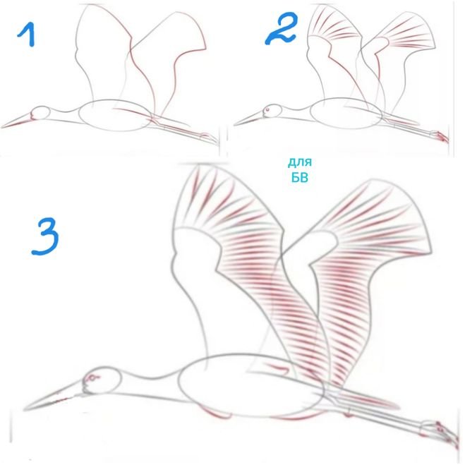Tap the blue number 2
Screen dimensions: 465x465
tap(281, 28)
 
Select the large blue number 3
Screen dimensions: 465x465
tap(45, 236)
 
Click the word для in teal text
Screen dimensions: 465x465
tap(300, 162)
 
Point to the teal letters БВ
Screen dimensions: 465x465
tap(300, 177)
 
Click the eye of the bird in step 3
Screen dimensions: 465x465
tap(92, 378)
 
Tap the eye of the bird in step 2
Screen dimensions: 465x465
tap(267, 110)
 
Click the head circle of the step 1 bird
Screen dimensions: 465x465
tap(41, 113)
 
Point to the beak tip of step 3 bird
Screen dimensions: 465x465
tap(24, 410)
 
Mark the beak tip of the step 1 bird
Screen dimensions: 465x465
tap(2, 128)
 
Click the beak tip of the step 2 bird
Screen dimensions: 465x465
tap(234, 125)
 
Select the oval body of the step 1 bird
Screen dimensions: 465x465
tap(116, 115)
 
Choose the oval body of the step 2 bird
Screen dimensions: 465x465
tap(346, 114)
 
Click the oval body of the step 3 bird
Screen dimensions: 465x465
tap(251, 385)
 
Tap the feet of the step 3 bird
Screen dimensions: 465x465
tap(440, 433)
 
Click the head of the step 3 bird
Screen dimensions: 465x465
tap(102, 380)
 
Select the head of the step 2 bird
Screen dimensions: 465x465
tap(272, 111)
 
